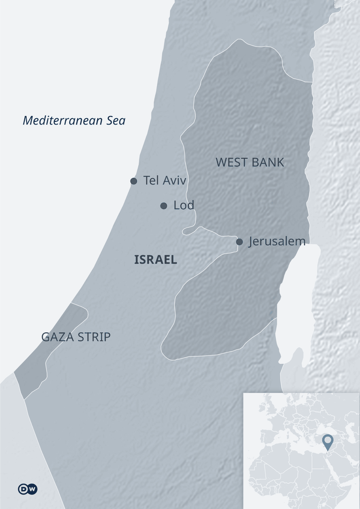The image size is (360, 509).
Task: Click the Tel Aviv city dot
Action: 134,181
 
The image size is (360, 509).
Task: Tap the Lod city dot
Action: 164,206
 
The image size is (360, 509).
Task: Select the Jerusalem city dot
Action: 239,242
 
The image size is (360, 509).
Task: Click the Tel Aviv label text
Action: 164,181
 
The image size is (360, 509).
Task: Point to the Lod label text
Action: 184,205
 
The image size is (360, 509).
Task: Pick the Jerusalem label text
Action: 277,241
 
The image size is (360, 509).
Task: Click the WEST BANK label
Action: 250,162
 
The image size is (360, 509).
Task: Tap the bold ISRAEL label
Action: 156,259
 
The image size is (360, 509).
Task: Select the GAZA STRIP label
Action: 76,337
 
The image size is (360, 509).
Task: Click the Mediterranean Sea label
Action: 74,121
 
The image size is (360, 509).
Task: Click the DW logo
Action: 28,489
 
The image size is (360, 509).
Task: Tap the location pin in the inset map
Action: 328,441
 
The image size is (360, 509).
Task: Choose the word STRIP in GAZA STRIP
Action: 93,337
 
